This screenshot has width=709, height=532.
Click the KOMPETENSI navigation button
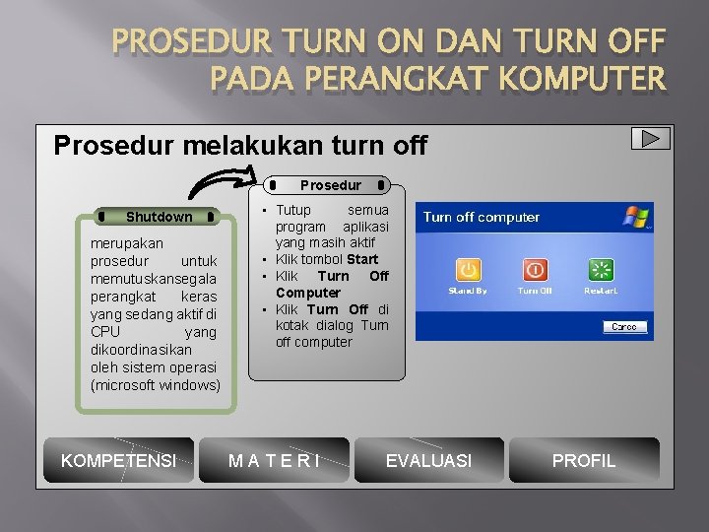[119, 460]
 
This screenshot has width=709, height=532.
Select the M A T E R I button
[274, 460]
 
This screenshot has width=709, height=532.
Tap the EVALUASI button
[428, 460]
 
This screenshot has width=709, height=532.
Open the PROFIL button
[583, 460]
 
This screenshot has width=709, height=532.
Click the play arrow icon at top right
[651, 139]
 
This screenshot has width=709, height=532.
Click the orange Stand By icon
[468, 270]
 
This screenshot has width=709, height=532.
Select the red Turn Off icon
[535, 270]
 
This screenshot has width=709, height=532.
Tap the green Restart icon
[601, 270]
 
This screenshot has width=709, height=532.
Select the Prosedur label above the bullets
[330, 185]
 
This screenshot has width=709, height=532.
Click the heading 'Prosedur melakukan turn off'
[240, 147]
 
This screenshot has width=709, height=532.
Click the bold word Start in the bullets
[362, 259]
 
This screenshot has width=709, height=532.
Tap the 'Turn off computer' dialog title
[482, 217]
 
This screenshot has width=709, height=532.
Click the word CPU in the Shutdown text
[105, 332]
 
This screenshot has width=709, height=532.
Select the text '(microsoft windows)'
[156, 385]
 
